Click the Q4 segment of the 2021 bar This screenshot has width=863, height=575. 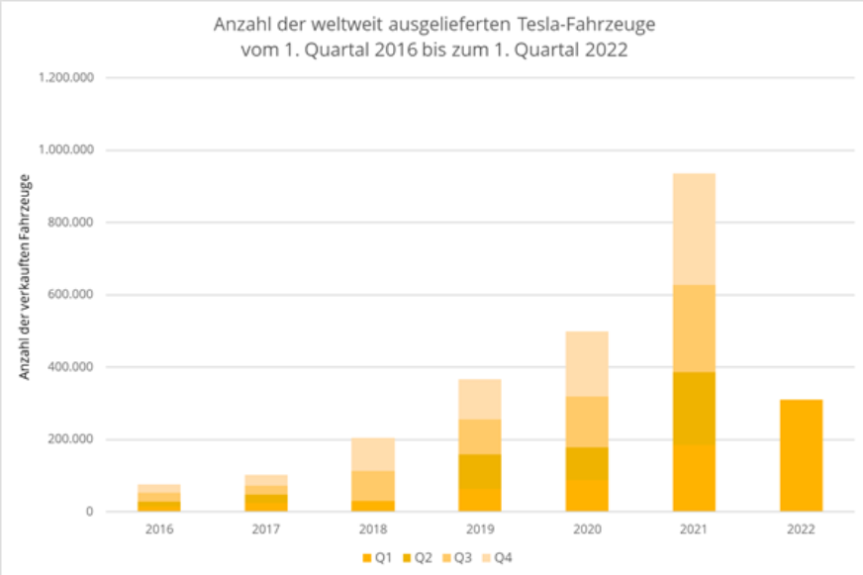tap(694, 229)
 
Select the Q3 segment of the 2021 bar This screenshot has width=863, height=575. tap(694, 329)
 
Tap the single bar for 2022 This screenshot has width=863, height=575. tap(801, 455)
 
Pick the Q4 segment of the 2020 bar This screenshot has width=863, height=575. tap(587, 363)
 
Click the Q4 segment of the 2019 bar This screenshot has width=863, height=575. tap(480, 399)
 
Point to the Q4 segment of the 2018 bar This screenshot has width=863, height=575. tap(373, 454)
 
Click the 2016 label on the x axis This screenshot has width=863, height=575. tap(158, 529)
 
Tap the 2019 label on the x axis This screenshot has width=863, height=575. tap(480, 529)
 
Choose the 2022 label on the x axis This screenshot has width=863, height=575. tap(801, 529)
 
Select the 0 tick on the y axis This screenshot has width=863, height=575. tap(89, 512)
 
